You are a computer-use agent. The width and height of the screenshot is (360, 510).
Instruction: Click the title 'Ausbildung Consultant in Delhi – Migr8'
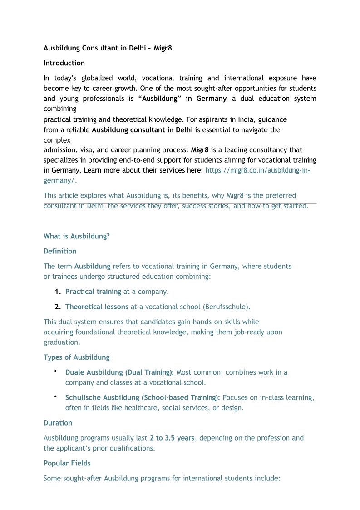108,48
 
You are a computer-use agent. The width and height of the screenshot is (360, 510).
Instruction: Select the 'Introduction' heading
64,63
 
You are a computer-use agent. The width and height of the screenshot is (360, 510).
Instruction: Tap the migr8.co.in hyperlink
257,170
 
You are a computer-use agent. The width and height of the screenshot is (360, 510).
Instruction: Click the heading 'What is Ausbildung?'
76,236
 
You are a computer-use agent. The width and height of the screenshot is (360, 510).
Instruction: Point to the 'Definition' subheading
60,251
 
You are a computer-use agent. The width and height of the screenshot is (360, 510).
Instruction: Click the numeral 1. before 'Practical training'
58,292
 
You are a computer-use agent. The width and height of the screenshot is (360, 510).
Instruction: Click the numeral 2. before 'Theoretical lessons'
58,307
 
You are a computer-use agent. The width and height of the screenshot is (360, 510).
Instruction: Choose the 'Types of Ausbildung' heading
76,357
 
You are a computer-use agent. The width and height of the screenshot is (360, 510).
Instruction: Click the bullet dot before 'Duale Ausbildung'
55,372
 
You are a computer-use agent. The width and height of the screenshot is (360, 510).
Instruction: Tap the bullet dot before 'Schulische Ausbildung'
55,397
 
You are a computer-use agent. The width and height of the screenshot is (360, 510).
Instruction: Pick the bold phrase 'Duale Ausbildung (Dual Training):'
119,372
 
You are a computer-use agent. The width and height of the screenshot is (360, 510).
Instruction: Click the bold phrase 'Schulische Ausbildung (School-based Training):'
143,397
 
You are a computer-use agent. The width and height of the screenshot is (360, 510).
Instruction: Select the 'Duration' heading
58,423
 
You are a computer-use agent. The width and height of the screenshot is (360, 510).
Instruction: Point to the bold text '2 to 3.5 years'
172,438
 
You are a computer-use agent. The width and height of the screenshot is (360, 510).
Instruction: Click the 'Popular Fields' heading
67,463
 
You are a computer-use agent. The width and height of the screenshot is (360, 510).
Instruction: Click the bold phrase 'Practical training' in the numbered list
93,292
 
